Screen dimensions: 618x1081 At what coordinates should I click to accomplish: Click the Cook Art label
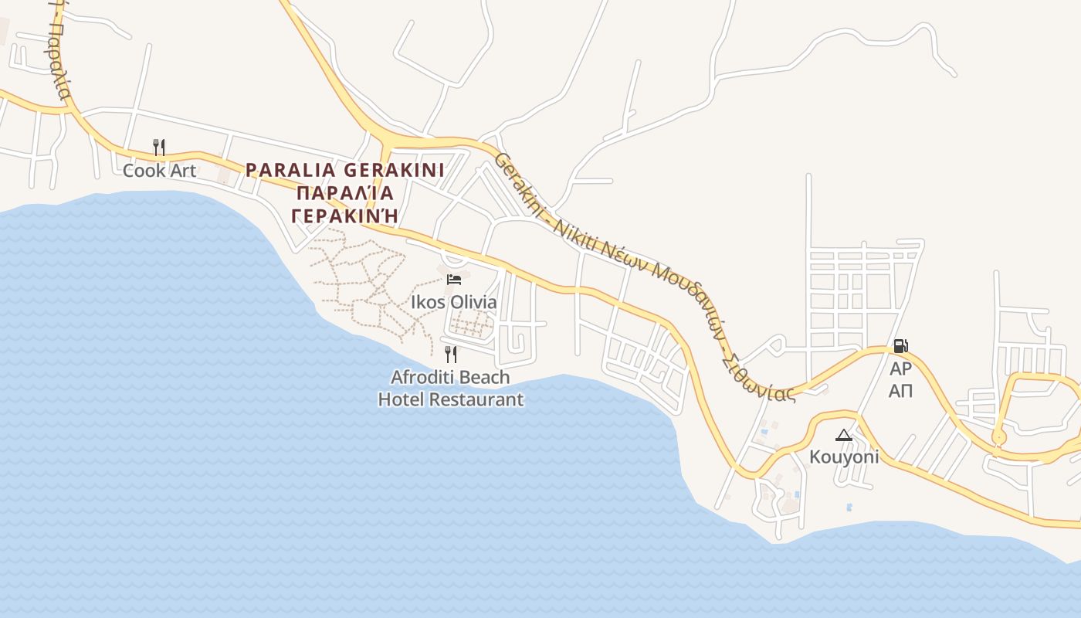point(160,171)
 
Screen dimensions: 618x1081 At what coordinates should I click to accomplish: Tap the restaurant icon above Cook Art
point(159,147)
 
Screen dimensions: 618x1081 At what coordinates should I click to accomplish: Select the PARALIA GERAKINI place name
point(344,170)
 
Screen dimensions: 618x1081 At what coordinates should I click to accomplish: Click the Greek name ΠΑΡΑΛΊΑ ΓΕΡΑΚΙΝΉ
point(345,204)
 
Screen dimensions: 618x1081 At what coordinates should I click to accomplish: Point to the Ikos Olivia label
point(454,302)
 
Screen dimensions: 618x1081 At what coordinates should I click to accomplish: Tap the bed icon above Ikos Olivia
point(454,279)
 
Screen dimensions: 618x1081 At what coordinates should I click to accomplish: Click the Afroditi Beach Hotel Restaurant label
point(451,389)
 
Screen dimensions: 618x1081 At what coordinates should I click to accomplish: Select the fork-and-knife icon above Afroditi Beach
point(451,355)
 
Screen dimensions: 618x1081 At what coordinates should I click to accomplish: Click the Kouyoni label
point(844,457)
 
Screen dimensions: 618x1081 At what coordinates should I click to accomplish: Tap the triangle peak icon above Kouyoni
point(844,436)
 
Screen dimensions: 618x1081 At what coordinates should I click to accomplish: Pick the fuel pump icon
point(900,346)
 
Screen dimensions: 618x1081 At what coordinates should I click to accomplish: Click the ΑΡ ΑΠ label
point(900,379)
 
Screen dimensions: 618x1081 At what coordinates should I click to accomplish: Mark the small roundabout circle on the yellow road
point(999,438)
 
